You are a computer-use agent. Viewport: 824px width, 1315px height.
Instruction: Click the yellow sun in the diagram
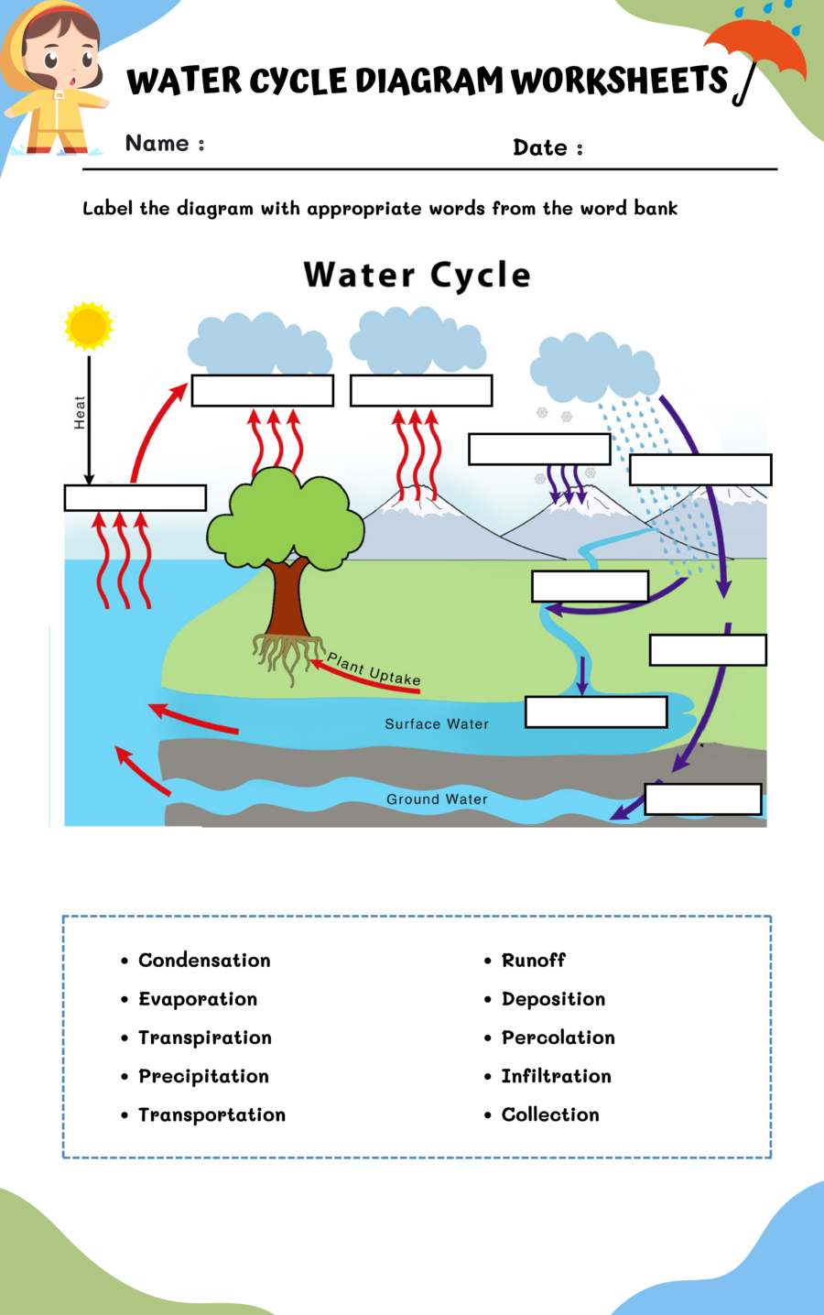89,325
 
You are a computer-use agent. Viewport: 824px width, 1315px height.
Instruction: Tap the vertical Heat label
80,413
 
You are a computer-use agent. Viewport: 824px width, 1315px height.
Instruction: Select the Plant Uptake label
374,669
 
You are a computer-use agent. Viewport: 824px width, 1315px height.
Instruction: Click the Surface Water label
437,724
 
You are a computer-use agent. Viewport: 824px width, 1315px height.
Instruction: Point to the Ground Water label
437,799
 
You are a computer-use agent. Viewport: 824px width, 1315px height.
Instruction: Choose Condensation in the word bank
204,961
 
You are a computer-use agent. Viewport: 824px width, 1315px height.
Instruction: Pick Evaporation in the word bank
198,999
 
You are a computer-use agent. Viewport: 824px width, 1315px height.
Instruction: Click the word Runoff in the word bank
534,961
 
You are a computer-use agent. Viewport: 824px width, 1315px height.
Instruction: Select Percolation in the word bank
558,1038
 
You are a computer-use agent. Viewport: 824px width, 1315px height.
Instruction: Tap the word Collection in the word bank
550,1114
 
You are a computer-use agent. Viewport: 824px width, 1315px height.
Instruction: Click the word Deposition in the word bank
554,999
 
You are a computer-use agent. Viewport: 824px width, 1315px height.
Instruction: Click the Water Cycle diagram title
417,275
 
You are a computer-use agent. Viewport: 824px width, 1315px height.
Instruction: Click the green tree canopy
286,517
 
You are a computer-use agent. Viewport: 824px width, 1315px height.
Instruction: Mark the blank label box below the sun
136,498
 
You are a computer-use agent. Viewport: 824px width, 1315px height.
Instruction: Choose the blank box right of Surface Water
596,712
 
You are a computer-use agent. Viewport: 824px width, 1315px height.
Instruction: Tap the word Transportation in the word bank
211,1114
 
